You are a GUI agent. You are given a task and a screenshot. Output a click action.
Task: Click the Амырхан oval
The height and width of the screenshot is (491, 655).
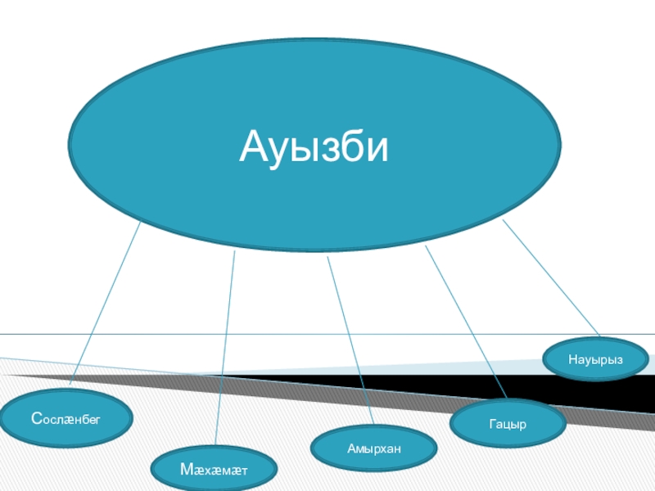[374, 448]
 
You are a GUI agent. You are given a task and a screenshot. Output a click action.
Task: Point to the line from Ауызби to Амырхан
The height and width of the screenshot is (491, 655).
[350, 344]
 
